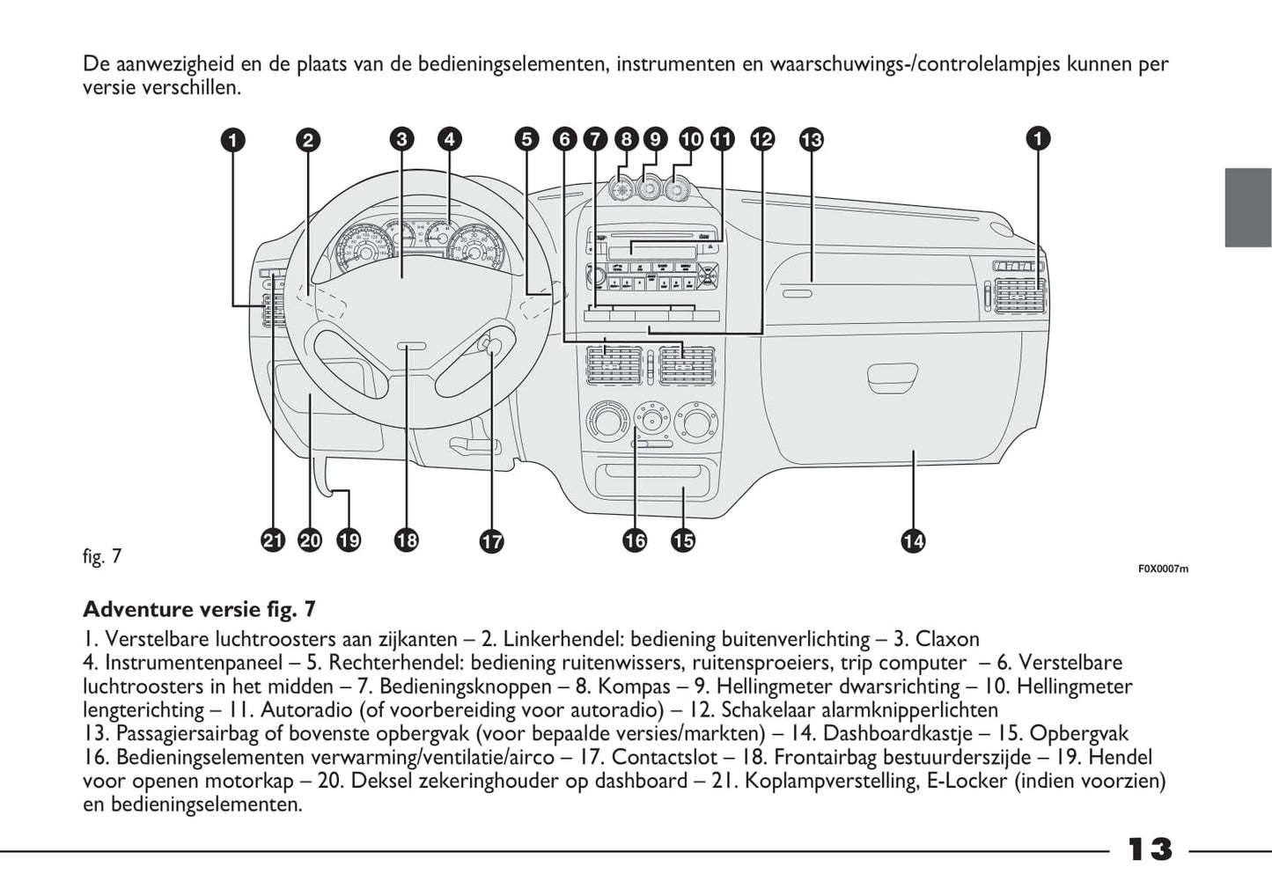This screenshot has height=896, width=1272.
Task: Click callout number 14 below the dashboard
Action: pyautogui.click(x=913, y=540)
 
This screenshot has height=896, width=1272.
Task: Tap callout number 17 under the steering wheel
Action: pyautogui.click(x=491, y=540)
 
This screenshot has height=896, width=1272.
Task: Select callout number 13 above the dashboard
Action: pyautogui.click(x=811, y=139)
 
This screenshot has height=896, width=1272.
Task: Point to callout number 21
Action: pyautogui.click(x=274, y=540)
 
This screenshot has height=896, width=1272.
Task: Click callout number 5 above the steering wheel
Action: pyautogui.click(x=526, y=139)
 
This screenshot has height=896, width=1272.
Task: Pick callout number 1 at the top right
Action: pyautogui.click(x=1039, y=138)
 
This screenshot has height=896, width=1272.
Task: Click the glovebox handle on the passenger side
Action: pyautogui.click(x=892, y=379)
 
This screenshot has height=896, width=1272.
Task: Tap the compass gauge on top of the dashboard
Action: pyautogui.click(x=623, y=189)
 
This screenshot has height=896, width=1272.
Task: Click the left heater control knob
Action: pyautogui.click(x=607, y=422)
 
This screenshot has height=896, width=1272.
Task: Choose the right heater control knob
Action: pyautogui.click(x=695, y=422)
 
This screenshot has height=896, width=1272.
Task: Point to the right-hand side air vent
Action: pyautogui.click(x=1018, y=294)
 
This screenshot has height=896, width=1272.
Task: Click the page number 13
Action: pyautogui.click(x=1150, y=850)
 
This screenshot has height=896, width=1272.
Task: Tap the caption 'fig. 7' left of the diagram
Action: pyautogui.click(x=101, y=557)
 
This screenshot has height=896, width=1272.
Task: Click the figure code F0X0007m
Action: pyautogui.click(x=1162, y=569)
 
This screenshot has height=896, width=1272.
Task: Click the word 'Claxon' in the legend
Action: pyautogui.click(x=947, y=639)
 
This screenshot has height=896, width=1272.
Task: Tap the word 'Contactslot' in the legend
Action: pyautogui.click(x=660, y=757)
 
